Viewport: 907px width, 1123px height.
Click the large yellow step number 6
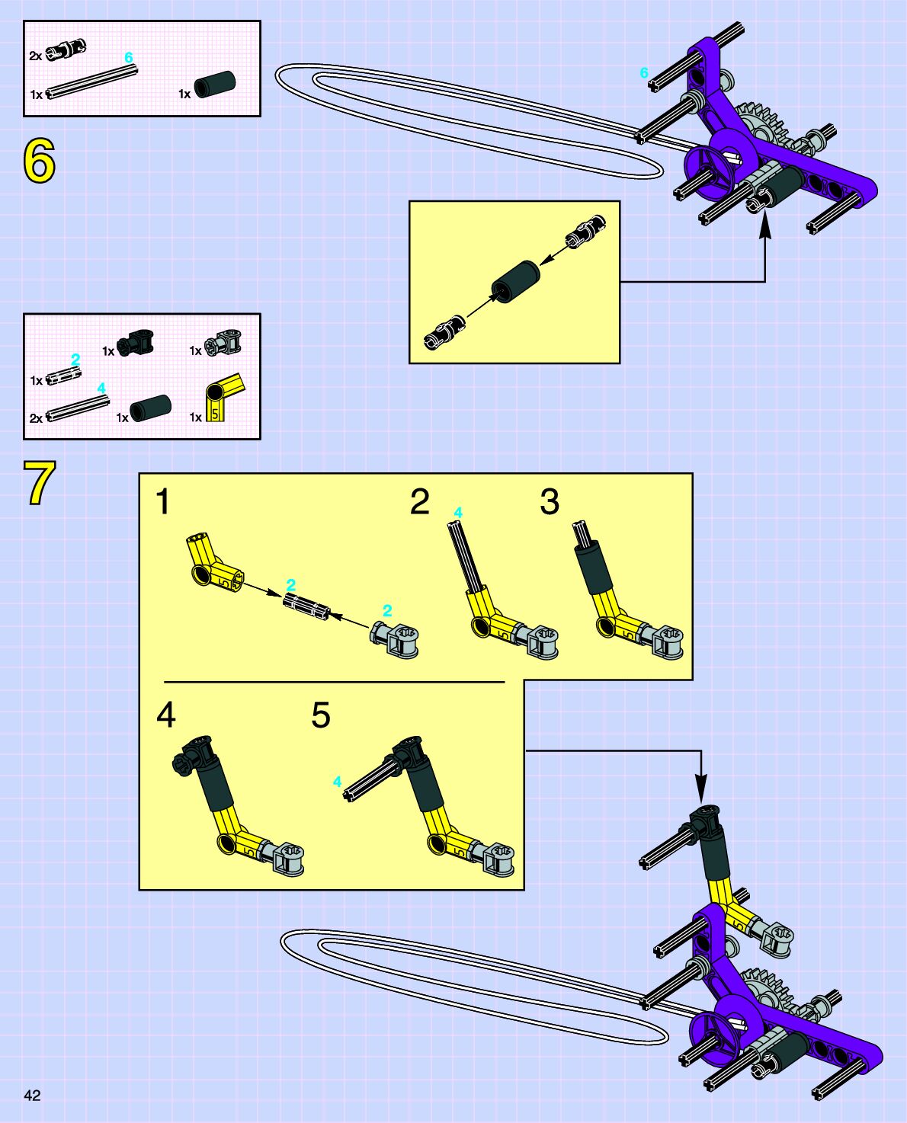point(39,162)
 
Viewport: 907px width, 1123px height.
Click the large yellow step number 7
point(39,483)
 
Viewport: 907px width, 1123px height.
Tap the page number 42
point(32,1096)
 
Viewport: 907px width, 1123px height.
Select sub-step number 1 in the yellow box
point(162,502)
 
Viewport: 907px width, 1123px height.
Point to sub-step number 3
point(549,502)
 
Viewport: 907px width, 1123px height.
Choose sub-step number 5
point(321,715)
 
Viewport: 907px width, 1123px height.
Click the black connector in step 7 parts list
point(136,342)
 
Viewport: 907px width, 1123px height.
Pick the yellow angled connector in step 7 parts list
point(223,397)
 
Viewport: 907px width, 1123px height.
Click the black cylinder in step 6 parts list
point(215,84)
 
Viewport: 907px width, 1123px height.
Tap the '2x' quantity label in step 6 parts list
point(36,56)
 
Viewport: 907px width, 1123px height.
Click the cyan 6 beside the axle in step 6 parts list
point(128,58)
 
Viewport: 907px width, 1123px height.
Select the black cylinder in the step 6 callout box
point(515,282)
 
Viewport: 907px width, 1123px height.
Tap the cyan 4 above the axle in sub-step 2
point(457,512)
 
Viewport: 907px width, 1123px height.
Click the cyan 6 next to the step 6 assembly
point(644,73)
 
